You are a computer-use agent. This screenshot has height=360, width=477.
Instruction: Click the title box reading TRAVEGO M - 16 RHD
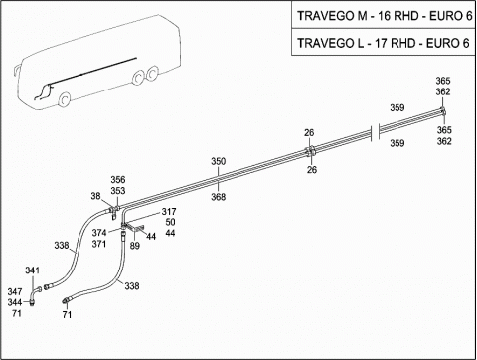point(385,16)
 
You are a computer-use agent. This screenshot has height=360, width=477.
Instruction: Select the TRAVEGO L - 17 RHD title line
point(384,43)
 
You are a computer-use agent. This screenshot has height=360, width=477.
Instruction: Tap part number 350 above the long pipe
point(219,161)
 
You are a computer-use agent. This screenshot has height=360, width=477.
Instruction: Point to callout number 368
point(219,197)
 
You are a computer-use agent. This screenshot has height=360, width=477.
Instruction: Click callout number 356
point(118,180)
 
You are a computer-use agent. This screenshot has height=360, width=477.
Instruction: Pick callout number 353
point(118,191)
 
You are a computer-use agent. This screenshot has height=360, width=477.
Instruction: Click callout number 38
point(95,196)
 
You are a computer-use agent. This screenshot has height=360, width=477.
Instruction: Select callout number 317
point(169,211)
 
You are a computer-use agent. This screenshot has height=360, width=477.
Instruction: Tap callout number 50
point(170,222)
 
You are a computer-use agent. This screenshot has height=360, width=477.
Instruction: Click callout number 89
point(135,246)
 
